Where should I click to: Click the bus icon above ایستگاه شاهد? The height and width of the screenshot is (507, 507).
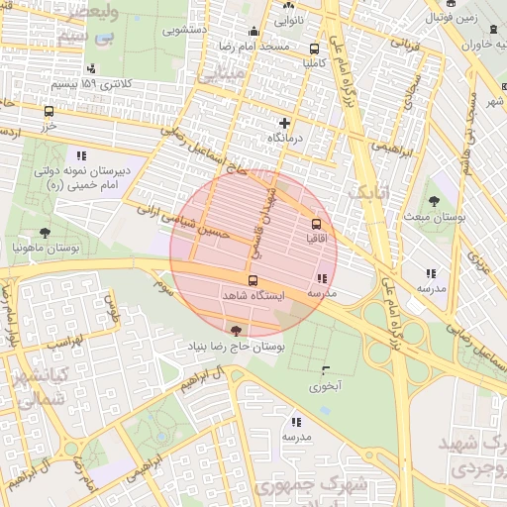pos(253,280)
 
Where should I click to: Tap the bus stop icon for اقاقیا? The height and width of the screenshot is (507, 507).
pos(316,225)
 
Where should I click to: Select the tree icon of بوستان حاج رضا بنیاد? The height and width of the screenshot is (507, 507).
pos(235,331)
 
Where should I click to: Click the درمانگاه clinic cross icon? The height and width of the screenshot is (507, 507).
pos(285,123)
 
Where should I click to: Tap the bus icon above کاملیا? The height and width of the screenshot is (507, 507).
pos(315,48)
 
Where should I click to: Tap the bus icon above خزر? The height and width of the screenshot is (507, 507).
pos(49,112)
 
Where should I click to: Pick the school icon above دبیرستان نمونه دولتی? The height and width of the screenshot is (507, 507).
pos(79,155)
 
